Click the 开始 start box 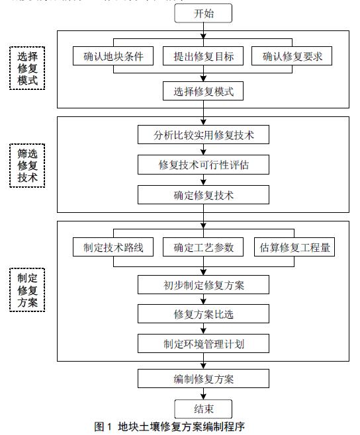(203, 13)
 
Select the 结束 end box (203, 409)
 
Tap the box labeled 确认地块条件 (113, 56)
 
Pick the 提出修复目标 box (203, 56)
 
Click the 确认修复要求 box (292, 56)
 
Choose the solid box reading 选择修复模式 (203, 91)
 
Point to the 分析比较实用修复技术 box (203, 135)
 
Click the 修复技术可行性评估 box (203, 165)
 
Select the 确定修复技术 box (203, 195)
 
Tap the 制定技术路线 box (113, 247)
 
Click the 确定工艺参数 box (203, 247)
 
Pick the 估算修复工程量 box (294, 247)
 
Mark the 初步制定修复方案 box (203, 285)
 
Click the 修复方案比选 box (203, 314)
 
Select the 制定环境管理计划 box (203, 344)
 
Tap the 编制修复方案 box (203, 378)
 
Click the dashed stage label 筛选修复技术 (27, 166)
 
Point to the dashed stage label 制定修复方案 (27, 290)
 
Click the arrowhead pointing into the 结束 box (203, 397)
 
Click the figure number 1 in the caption (109, 426)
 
